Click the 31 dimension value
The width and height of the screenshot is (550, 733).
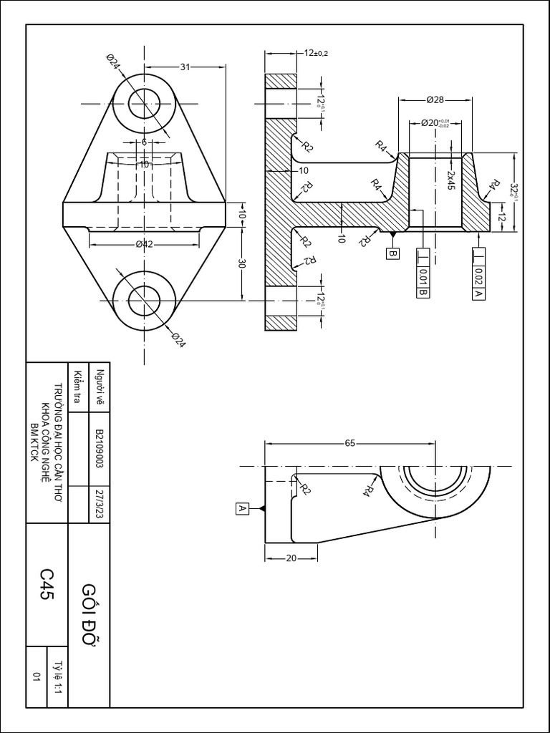[x=185, y=67]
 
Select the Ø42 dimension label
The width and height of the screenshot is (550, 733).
[x=145, y=244]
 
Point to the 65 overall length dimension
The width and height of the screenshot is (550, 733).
[x=350, y=443]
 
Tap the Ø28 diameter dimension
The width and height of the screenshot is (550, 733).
[x=435, y=99]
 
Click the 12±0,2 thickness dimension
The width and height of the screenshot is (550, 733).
[x=316, y=53]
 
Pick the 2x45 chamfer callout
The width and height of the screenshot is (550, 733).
[x=451, y=179]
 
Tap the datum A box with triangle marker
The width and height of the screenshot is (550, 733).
[x=242, y=508]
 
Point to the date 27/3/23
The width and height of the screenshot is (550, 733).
[x=100, y=503]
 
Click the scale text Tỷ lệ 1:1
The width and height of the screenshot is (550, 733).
[x=57, y=674]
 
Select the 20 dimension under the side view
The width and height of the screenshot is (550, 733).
[x=291, y=559]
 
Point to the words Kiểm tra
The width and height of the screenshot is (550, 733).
[x=77, y=387]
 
